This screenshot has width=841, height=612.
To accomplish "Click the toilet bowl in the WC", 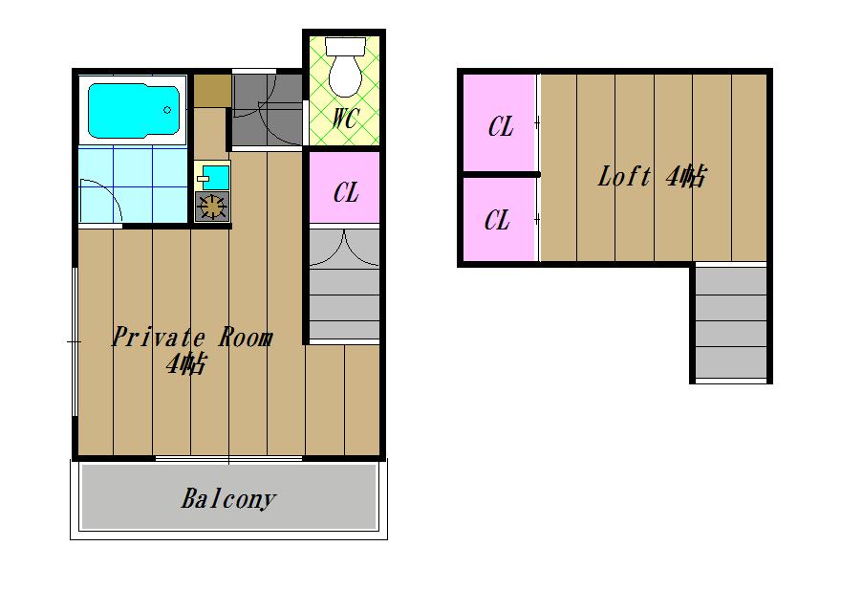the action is pyautogui.click(x=345, y=76).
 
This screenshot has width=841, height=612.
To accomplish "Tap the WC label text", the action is pyautogui.click(x=344, y=119).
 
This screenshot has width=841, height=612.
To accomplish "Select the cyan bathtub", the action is pyautogui.click(x=134, y=110).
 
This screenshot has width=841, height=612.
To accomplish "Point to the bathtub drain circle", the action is pyautogui.click(x=167, y=110).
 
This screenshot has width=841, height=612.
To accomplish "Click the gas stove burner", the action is pyautogui.click(x=212, y=207).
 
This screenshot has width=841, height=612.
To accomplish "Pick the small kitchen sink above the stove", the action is pyautogui.click(x=214, y=177).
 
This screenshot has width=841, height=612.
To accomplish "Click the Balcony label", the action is pyautogui.click(x=228, y=499).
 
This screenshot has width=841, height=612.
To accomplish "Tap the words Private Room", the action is pyautogui.click(x=192, y=338).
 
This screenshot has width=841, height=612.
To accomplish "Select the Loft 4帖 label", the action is pyautogui.click(x=652, y=176).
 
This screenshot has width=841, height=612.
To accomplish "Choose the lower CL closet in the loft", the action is pyautogui.click(x=499, y=220).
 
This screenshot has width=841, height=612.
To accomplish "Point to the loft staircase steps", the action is pyautogui.click(x=731, y=322).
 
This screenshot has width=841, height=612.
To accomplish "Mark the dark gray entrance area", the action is pyautogui.click(x=267, y=110).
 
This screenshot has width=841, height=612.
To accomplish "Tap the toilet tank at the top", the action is pyautogui.click(x=345, y=46).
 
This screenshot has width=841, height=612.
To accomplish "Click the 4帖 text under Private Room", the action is pyautogui.click(x=185, y=364).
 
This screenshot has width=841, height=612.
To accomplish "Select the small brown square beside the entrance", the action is pyautogui.click(x=212, y=91).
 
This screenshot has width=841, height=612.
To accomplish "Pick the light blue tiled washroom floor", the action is pyautogui.click(x=133, y=185).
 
